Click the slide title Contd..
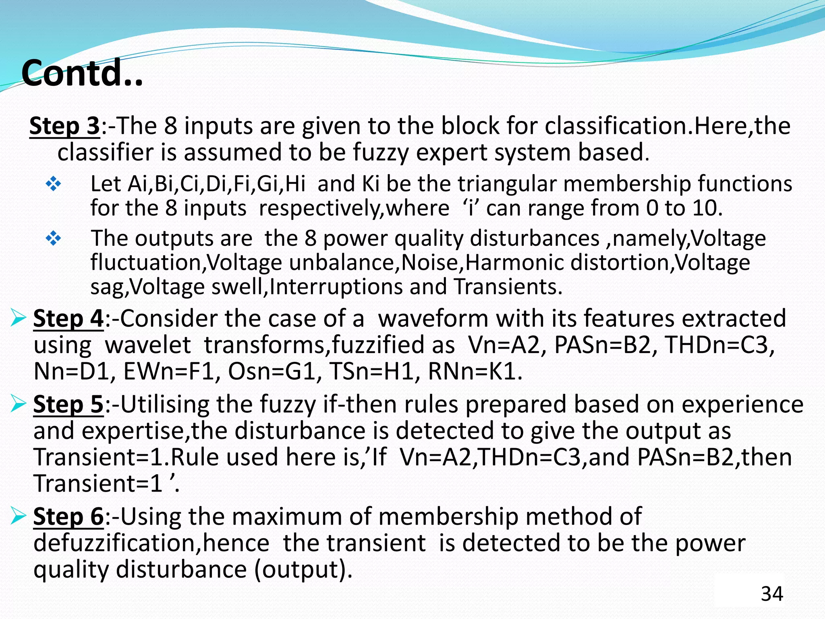point(82,73)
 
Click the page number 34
point(772,594)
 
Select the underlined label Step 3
point(64,126)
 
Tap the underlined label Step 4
point(68,318)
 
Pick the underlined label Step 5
point(68,404)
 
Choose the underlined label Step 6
point(68,516)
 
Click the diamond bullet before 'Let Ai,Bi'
point(53,184)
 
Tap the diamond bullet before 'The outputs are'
point(53,239)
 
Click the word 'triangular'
point(508,184)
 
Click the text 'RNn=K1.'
point(475,371)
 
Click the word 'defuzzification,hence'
point(151,543)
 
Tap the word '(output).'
point(304,570)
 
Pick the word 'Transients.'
point(508,287)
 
